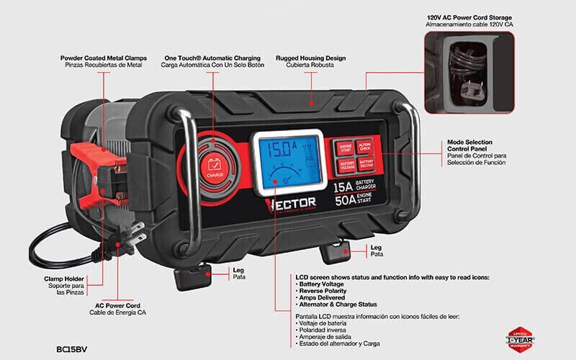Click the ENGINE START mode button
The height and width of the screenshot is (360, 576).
coord(346,147)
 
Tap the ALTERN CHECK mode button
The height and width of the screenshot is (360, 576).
coord(365,146)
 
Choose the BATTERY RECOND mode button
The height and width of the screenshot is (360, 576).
coord(365,165)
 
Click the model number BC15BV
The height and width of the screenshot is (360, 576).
coord(74,330)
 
